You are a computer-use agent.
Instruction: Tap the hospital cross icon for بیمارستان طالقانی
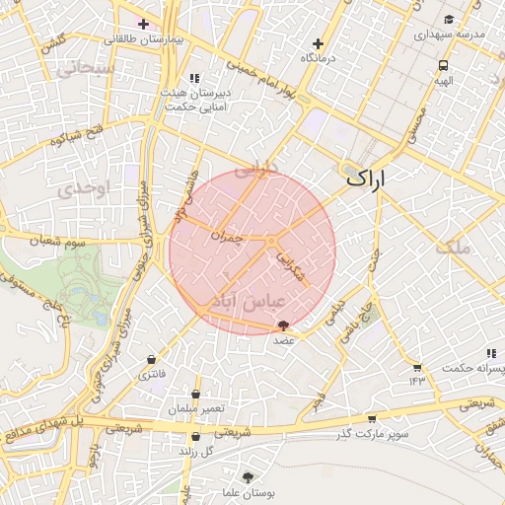click(144, 23)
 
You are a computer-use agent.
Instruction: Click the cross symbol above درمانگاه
click(318, 43)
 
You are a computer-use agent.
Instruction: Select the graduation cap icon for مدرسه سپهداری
click(449, 19)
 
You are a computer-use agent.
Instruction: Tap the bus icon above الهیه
click(443, 66)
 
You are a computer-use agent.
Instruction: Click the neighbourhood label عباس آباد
click(247, 300)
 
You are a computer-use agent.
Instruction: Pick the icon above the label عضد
click(284, 325)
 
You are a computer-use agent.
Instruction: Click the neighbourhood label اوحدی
click(74, 187)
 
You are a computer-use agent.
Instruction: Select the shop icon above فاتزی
click(151, 359)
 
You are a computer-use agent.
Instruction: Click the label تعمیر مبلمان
click(196, 408)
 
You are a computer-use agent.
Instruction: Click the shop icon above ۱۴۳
click(417, 366)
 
